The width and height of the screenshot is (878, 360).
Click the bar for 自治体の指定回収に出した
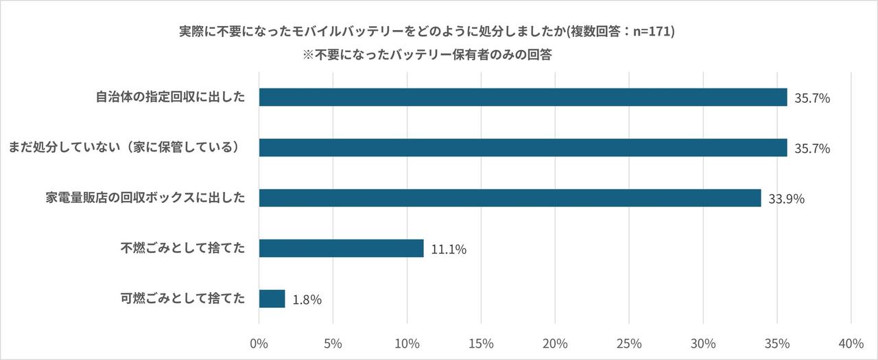(523, 97)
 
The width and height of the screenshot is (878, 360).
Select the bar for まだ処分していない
(523, 147)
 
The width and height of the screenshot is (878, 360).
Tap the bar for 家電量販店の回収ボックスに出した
(510, 197)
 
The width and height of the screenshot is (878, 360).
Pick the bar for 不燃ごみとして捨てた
(341, 248)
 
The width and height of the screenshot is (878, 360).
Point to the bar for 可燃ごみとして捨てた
(272, 298)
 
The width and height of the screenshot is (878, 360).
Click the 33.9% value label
(786, 199)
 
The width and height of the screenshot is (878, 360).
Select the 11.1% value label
(449, 250)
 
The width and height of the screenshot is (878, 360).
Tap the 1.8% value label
(307, 300)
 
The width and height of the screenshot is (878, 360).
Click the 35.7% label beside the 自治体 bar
(812, 99)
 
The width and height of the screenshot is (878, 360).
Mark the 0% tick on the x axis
(259, 343)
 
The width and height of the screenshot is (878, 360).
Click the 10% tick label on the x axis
(407, 343)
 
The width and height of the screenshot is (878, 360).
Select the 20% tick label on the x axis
(555, 343)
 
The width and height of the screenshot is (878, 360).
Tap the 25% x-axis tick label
(629, 343)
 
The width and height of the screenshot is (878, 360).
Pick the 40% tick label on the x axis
(851, 343)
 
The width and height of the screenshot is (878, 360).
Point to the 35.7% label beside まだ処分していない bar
(812, 149)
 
